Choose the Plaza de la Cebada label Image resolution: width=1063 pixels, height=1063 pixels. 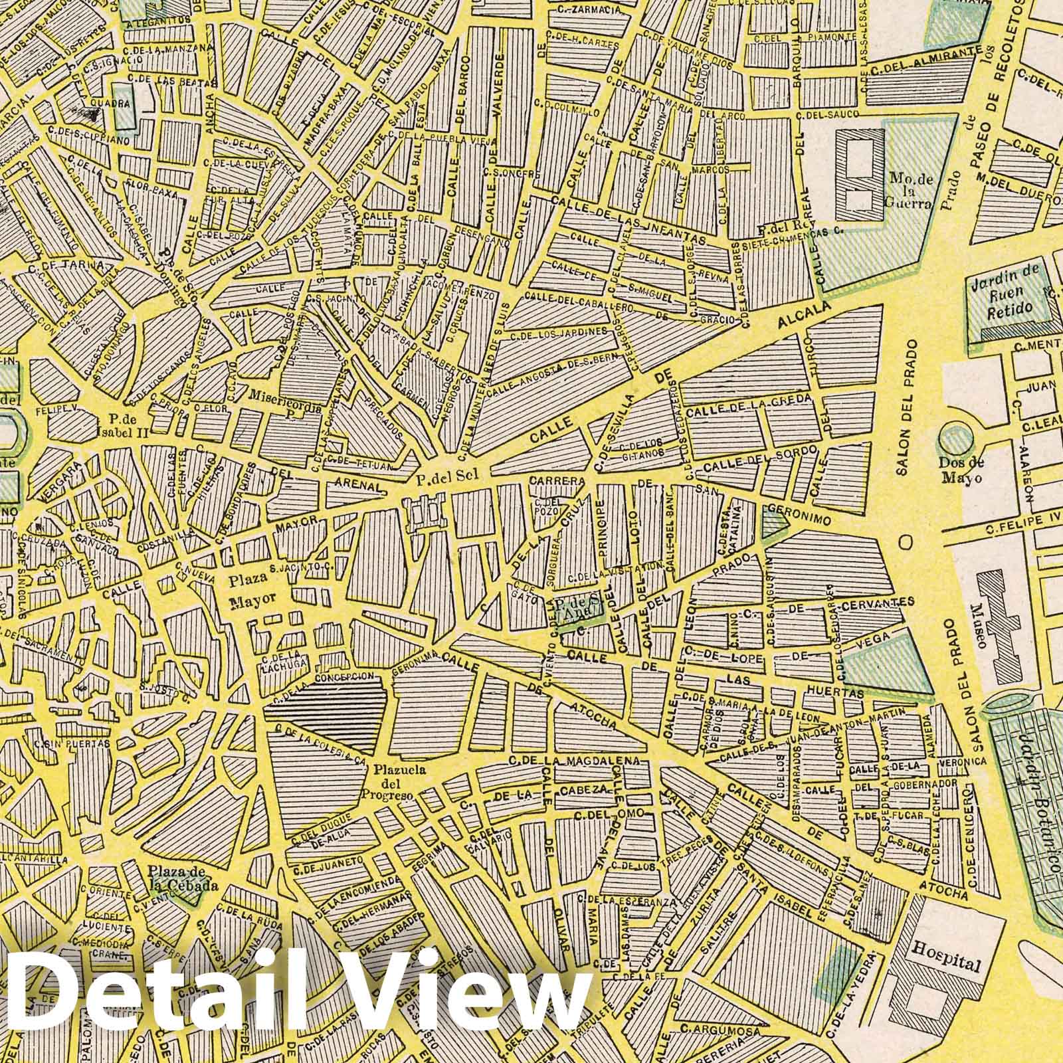click(175, 879)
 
